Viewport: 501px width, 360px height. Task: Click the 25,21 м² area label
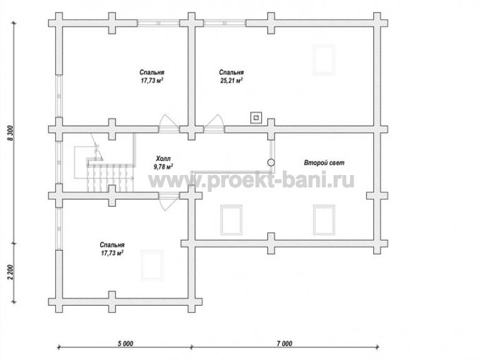click(x=231, y=80)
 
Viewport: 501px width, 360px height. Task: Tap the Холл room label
click(x=163, y=159)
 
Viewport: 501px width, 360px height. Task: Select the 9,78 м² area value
click(x=163, y=167)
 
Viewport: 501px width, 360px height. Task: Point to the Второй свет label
click(x=324, y=163)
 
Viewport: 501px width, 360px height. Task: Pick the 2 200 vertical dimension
click(x=11, y=272)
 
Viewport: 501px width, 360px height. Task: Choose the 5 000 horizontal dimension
click(x=126, y=344)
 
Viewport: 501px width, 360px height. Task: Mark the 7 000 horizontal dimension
click(x=284, y=344)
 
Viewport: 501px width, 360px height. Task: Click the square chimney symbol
click(x=256, y=118)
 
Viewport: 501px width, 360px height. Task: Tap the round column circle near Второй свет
click(x=271, y=162)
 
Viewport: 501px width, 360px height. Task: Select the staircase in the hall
click(x=110, y=178)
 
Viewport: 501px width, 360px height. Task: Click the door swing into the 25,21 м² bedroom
click(x=213, y=121)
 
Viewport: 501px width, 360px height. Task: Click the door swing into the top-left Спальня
click(x=169, y=121)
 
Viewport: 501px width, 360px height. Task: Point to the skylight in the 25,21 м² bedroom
click(x=324, y=60)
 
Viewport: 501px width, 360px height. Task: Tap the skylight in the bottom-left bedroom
click(x=152, y=265)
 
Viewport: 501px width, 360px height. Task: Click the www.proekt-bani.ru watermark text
click(x=251, y=181)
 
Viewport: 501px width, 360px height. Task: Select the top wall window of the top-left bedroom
click(x=159, y=23)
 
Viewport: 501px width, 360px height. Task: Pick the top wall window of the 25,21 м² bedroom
click(x=224, y=23)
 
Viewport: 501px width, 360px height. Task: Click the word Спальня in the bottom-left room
click(x=112, y=245)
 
